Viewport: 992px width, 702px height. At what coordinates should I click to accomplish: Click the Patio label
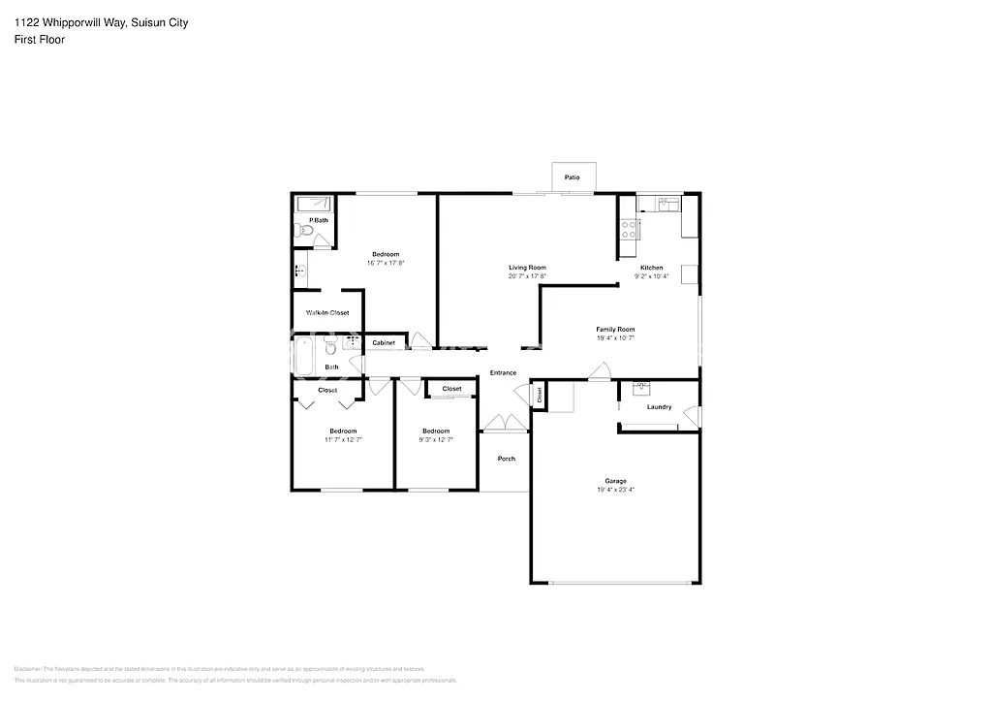pos(572,177)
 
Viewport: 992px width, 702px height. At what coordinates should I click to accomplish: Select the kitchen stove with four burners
pos(629,229)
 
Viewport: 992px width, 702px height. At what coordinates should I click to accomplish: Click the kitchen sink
pos(667,204)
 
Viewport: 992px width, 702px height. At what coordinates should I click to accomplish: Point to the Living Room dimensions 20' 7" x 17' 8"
pos(528,276)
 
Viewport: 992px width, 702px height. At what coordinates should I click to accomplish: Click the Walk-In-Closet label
pos(327,312)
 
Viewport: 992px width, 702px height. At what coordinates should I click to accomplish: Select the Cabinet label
pos(383,343)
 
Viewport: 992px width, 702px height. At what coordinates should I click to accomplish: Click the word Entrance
pos(503,372)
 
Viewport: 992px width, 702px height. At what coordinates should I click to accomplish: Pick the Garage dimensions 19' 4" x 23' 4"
pos(615,490)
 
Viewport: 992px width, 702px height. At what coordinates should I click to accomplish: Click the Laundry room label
pos(659,406)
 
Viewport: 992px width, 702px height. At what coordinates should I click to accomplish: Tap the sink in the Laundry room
pos(640,389)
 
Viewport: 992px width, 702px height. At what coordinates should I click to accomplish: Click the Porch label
pos(506,458)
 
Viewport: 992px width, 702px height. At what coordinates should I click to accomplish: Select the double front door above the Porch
pos(504,423)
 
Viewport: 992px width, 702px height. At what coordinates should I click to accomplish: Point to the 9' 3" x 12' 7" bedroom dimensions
pos(436,439)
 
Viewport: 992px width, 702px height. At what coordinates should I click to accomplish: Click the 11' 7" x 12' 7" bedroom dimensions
pos(343,439)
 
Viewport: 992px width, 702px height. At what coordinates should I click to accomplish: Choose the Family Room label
pos(615,330)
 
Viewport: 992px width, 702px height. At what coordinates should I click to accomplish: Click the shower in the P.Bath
pos(314,205)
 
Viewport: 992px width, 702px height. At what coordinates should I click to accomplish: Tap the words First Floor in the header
pos(40,40)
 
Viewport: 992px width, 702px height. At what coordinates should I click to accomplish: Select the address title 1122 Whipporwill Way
pos(74,22)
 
